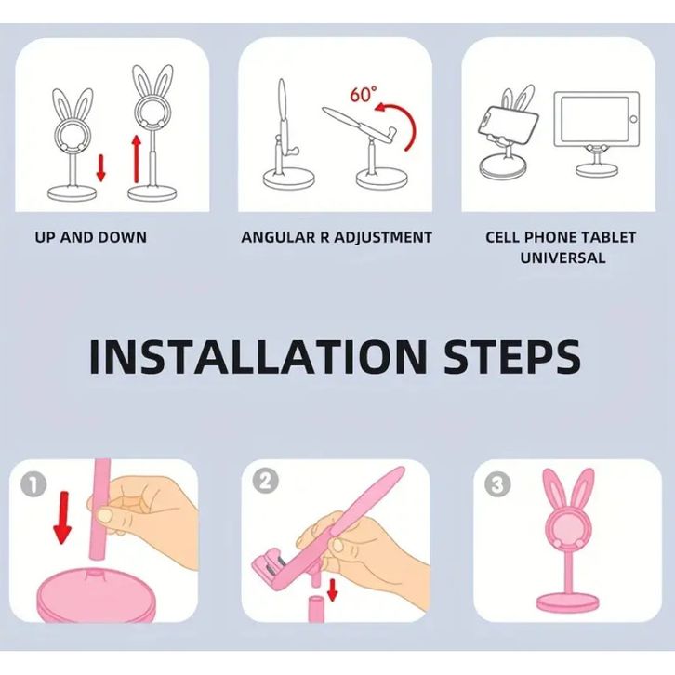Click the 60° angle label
(364, 94)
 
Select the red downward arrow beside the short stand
(100, 168)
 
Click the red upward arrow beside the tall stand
(137, 158)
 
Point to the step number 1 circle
(33, 484)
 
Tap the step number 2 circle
(265, 481)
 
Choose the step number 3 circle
(497, 483)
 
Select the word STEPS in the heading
(512, 357)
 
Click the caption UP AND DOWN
(91, 237)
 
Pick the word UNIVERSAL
(562, 258)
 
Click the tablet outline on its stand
(596, 119)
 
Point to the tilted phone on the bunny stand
(508, 125)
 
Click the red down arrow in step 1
(63, 518)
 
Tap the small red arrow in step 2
(332, 589)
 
